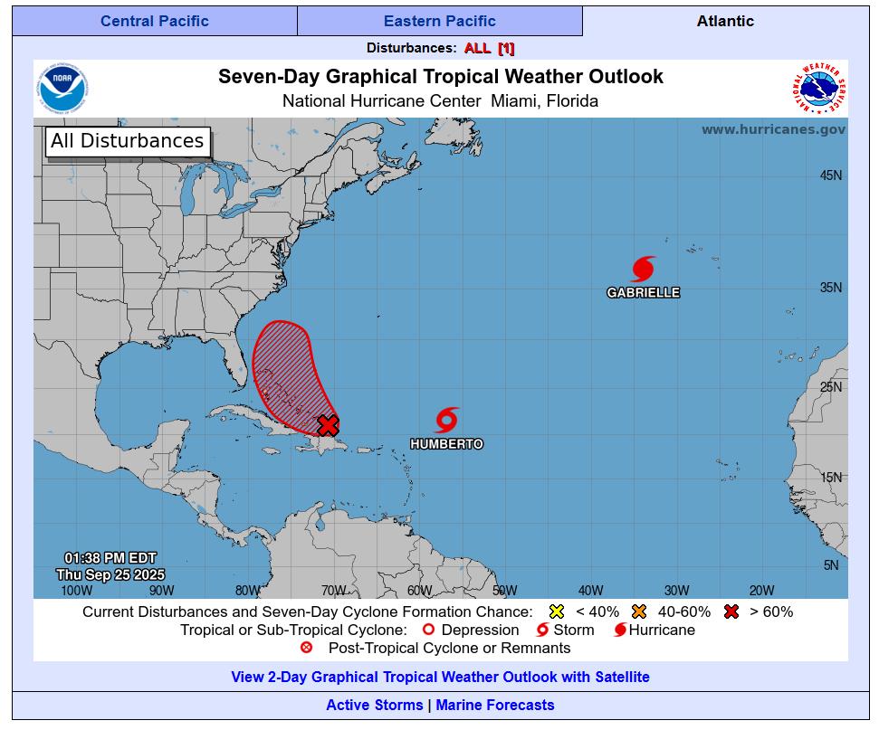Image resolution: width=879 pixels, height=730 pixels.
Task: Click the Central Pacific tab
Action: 155,21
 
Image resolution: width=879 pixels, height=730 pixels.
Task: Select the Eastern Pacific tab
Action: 440,21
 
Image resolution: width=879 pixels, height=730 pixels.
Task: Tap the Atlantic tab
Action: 725,21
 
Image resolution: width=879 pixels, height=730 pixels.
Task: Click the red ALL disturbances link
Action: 477,48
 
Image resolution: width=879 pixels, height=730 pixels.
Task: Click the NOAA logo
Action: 66,89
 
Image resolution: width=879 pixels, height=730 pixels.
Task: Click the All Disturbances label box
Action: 128,141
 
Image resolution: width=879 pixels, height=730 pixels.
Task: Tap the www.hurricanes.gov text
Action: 773,129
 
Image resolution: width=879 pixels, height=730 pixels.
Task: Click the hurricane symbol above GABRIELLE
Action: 643,269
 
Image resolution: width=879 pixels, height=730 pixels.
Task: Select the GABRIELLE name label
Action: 643,293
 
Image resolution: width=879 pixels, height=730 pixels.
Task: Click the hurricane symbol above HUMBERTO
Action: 446,420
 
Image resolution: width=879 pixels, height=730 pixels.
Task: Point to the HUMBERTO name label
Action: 446,444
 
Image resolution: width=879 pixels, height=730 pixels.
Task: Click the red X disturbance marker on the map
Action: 328,424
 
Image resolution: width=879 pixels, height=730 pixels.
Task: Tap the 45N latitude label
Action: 831,175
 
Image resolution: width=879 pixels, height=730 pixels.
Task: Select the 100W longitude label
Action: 76,591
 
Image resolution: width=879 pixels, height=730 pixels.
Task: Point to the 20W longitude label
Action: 761,591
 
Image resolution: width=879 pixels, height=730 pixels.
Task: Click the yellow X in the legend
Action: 557,611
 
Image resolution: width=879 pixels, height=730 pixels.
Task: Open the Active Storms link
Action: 374,705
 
